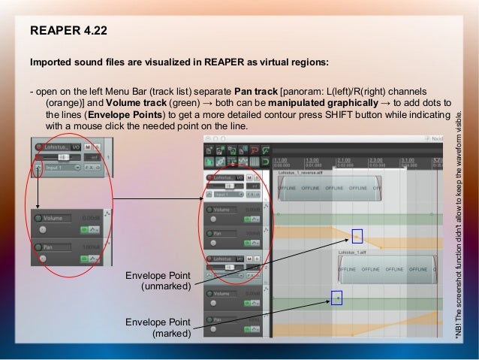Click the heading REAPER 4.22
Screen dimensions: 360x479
[x=68, y=31]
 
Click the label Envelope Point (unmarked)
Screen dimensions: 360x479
[x=158, y=281]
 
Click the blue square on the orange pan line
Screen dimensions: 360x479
[x=357, y=235]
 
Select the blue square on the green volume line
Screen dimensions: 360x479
[x=337, y=298]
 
